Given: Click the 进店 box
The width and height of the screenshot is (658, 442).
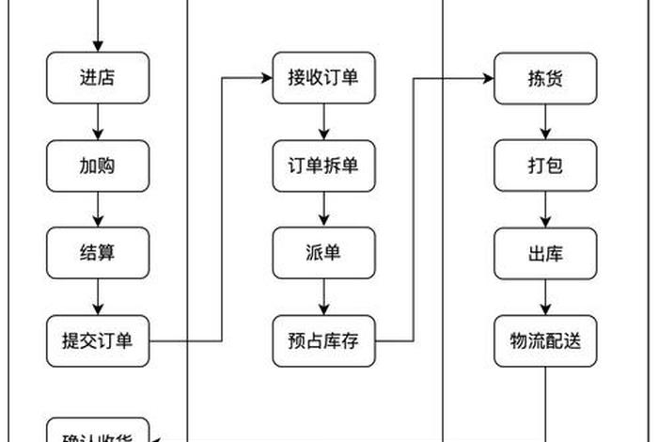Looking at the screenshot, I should [x=98, y=78].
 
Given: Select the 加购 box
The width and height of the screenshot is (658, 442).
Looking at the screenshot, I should [x=98, y=166].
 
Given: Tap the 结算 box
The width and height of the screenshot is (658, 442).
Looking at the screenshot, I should [x=98, y=253].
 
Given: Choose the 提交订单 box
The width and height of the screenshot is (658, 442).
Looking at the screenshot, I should [x=98, y=340].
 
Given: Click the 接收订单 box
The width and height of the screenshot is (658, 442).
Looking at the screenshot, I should [x=323, y=78].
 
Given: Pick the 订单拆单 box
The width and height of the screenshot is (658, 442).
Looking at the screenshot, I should [x=323, y=166].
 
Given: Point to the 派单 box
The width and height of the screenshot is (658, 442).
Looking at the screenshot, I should [x=323, y=253].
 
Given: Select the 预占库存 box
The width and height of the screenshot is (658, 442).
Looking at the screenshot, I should [x=323, y=340].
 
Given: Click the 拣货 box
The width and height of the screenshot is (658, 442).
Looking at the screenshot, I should [x=546, y=78].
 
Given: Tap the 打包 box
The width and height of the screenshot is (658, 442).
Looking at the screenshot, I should [x=546, y=166].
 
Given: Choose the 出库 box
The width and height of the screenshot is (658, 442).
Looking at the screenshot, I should [x=546, y=253].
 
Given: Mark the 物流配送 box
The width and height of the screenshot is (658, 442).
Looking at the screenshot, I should [x=546, y=340].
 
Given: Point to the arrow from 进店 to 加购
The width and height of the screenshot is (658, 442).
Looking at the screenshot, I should [x=98, y=122].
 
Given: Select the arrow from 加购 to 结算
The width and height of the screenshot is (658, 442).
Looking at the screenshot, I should [x=98, y=210].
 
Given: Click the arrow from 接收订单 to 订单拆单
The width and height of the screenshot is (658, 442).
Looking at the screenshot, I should [x=323, y=122].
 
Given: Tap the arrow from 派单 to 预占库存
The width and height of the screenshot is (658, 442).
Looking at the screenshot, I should [x=323, y=297].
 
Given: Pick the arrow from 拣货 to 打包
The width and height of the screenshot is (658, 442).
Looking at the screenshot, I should [x=546, y=122].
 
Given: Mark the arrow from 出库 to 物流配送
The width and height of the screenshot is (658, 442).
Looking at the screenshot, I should [x=546, y=297].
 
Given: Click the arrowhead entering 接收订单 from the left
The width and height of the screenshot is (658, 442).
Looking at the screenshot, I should [x=267, y=78].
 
